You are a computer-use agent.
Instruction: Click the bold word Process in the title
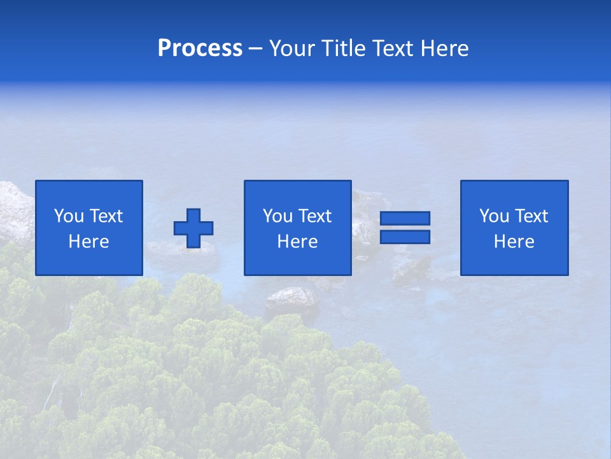tap(200, 48)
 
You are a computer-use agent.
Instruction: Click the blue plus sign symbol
tap(193, 228)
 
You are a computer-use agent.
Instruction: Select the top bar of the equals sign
tap(405, 218)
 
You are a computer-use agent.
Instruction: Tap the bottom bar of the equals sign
tap(405, 237)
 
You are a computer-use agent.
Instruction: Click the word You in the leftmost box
tap(69, 216)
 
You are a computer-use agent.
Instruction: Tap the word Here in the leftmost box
tap(89, 242)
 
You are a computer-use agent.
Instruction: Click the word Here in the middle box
tap(298, 242)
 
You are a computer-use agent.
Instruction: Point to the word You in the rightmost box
tap(494, 216)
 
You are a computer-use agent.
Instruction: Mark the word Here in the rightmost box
tap(514, 242)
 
